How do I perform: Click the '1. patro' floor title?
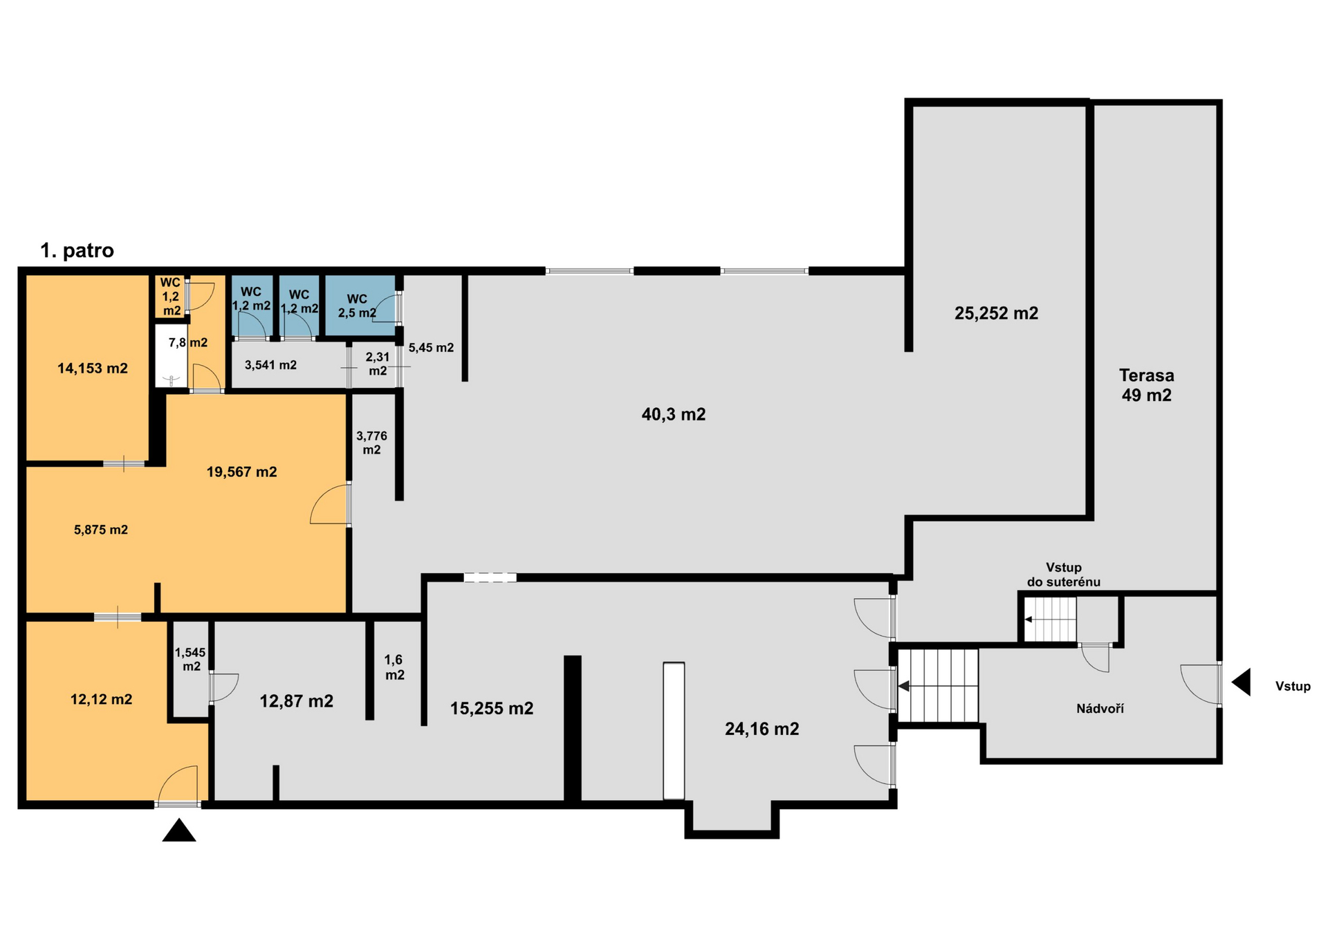click(x=77, y=250)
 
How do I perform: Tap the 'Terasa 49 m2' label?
click(x=1146, y=385)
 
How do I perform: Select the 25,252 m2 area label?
click(x=996, y=313)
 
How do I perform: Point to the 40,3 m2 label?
click(x=674, y=414)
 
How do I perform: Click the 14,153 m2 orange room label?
click(x=93, y=369)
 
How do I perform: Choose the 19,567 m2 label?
click(x=241, y=472)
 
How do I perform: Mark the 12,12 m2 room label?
click(x=101, y=699)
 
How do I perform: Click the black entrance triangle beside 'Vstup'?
click(x=1241, y=682)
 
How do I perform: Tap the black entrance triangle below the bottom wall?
click(x=179, y=830)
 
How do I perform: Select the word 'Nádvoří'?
click(x=1100, y=708)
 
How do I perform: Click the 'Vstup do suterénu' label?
click(x=1063, y=575)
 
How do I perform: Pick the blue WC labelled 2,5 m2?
click(x=357, y=306)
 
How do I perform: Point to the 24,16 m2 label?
click(x=762, y=729)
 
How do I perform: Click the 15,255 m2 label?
click(x=492, y=708)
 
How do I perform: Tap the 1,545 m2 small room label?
click(x=190, y=659)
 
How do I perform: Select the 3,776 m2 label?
click(x=371, y=443)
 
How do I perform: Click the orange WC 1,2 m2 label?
click(x=171, y=296)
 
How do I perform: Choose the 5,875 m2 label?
click(x=101, y=530)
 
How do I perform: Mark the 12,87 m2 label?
click(x=296, y=701)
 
